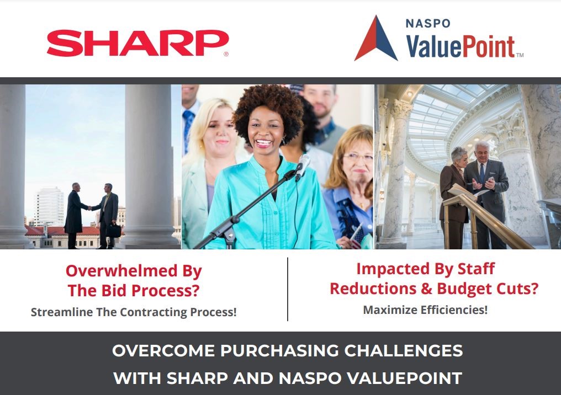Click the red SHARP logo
(x=137, y=43)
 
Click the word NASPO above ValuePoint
(x=427, y=24)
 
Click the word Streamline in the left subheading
(x=59, y=312)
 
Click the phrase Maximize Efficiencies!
(x=425, y=310)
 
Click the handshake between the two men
(x=89, y=208)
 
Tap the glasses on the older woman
(x=357, y=157)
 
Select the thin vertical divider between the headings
(x=288, y=289)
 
